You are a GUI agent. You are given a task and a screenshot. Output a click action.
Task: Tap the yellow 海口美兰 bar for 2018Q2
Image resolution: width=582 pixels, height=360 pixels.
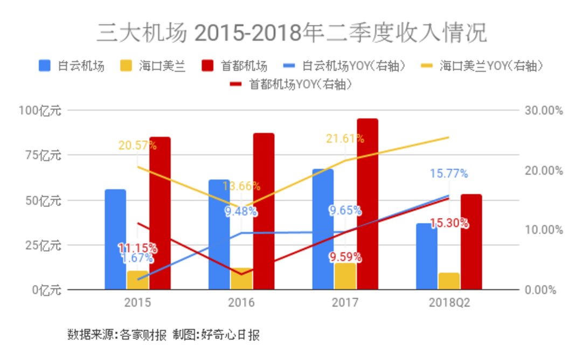(449, 281)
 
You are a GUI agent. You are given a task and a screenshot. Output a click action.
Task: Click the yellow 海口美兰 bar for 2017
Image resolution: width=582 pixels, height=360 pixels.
(345, 276)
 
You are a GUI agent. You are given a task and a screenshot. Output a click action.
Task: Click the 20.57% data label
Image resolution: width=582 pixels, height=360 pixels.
(137, 145)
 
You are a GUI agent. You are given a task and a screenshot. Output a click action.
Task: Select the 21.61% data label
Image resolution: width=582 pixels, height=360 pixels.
(345, 139)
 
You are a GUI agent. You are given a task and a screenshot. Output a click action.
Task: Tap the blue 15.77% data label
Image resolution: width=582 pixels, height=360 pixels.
(449, 174)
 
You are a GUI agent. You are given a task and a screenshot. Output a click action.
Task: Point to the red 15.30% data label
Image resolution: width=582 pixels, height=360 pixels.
(449, 223)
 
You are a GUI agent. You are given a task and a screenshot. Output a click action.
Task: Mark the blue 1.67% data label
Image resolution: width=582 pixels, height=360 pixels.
(137, 258)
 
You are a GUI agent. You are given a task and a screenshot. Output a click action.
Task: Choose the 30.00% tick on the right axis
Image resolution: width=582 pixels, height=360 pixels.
(543, 110)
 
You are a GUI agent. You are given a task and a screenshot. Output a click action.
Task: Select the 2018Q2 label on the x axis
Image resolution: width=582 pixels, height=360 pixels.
(449, 303)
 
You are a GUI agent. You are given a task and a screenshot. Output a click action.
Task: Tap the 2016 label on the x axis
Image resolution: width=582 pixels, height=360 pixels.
(241, 303)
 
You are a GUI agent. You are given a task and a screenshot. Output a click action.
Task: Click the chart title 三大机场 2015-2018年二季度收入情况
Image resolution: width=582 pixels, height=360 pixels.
(292, 33)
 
